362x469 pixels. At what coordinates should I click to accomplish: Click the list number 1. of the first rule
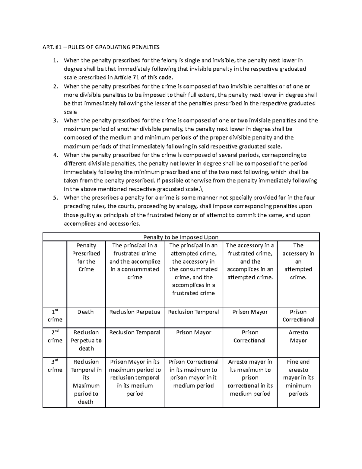tap(55, 60)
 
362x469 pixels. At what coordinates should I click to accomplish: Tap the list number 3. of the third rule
tap(55, 120)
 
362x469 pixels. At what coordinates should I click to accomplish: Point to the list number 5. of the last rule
tap(55, 198)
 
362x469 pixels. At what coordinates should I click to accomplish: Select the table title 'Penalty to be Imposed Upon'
tap(181, 237)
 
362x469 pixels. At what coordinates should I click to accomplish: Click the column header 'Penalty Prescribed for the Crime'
tap(86, 257)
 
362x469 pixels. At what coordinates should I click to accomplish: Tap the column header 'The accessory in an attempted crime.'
tap(298, 261)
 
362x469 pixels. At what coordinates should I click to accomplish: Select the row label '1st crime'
tap(55, 316)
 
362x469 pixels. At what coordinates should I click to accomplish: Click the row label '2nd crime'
tap(55, 336)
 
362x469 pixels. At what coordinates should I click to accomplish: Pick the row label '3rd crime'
tap(55, 366)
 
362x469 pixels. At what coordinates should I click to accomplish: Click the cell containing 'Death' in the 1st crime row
tap(86, 312)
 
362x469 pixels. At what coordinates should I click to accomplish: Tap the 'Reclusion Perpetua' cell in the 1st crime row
tap(135, 312)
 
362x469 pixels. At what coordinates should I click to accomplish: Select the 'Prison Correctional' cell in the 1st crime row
tap(298, 316)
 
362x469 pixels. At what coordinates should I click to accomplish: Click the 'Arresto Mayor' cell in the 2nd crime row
tap(298, 336)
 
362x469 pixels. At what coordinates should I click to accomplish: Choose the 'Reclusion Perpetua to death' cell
tap(86, 340)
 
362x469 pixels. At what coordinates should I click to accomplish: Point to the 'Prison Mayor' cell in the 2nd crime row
tap(193, 332)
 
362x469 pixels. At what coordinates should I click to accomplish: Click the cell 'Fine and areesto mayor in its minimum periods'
tap(298, 378)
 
